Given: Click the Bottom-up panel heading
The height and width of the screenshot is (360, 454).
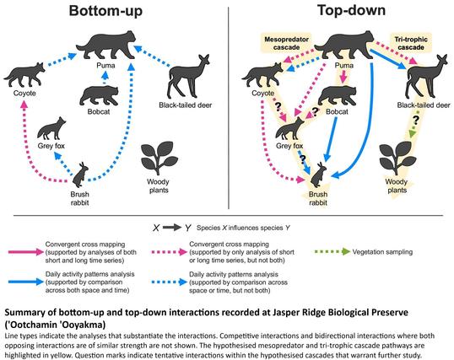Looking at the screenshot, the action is click(105, 11).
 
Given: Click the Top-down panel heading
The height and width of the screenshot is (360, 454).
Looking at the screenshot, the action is click(352, 10).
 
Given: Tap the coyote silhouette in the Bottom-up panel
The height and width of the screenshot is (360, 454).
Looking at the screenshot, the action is click(24, 75).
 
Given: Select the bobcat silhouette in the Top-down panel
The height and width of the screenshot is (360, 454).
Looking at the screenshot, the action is click(338, 96).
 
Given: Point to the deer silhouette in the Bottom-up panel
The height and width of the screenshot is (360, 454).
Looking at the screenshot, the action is click(189, 76).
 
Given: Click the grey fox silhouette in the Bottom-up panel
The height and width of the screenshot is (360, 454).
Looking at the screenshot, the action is click(51, 128).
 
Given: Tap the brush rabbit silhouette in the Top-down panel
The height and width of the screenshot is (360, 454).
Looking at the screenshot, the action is click(318, 175).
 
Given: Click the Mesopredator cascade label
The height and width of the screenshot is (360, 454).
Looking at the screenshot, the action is click(286, 43).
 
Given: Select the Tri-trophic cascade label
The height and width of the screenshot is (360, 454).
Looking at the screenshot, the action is click(411, 43).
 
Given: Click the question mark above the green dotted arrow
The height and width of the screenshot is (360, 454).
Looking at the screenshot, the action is click(416, 119).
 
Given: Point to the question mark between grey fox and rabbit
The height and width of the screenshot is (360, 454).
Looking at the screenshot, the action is click(302, 159).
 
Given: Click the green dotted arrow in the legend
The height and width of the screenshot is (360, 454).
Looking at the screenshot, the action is click(332, 252).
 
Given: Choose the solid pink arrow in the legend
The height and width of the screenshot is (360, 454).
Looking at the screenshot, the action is click(26, 252).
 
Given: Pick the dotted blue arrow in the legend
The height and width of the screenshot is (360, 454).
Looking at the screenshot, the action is click(170, 282).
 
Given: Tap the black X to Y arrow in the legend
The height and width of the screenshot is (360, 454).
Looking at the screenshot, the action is click(171, 228).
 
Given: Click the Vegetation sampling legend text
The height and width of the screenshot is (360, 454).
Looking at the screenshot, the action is click(382, 252).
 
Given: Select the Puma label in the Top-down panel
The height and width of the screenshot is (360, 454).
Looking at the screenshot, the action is click(344, 66).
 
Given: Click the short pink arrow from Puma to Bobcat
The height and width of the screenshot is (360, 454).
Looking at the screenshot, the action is click(343, 78).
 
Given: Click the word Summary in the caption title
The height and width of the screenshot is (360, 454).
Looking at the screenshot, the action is click(24, 313).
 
